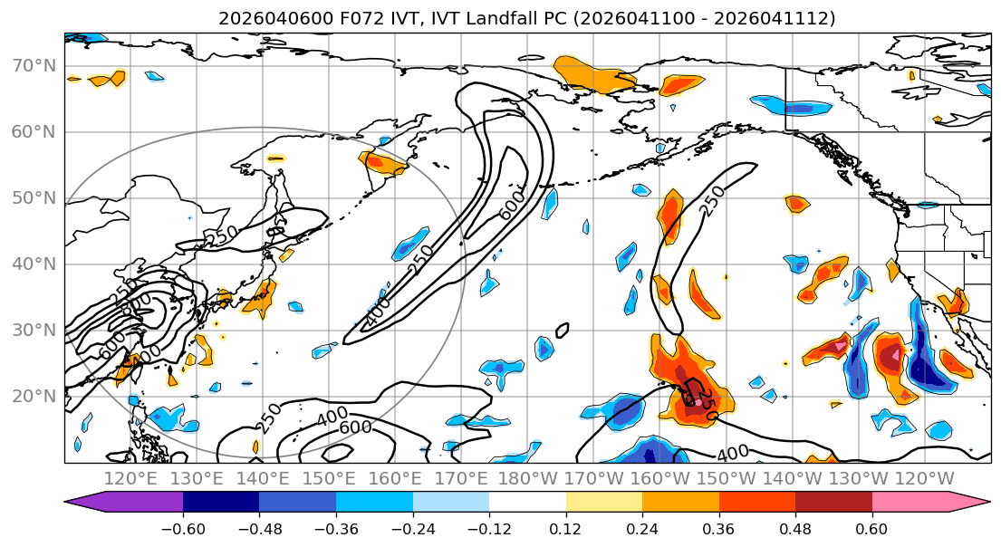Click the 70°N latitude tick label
click(34, 66)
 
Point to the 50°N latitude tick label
click(34, 198)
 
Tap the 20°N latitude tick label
click(34, 397)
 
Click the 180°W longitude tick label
click(527, 478)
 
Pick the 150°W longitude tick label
click(725, 478)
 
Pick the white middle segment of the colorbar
click(527, 503)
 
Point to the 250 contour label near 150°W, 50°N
click(714, 203)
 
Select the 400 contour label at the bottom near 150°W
click(732, 453)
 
